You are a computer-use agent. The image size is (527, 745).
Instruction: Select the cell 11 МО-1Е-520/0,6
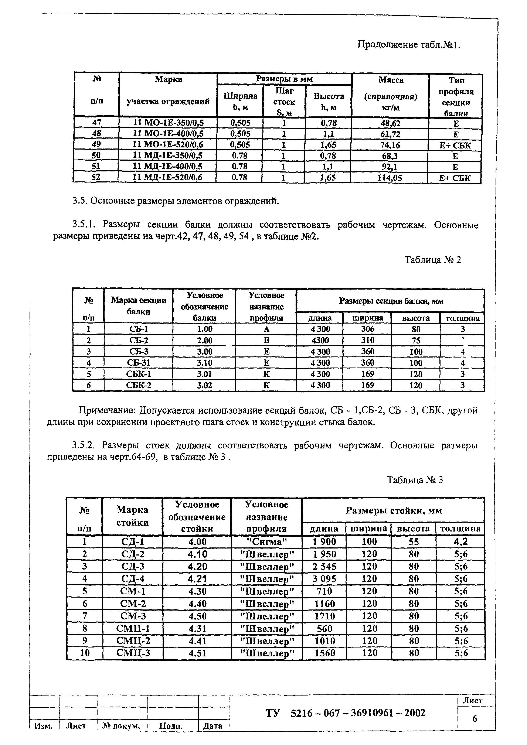point(168,144)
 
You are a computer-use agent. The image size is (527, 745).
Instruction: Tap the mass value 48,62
point(390,123)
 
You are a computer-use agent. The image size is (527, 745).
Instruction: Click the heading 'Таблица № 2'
point(433,260)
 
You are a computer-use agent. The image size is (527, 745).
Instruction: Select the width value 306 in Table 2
point(367,329)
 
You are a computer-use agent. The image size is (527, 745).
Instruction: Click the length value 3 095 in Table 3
point(324,579)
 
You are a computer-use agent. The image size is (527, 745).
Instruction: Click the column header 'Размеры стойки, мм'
point(394,511)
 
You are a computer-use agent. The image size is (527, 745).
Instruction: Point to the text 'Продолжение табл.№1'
point(409,44)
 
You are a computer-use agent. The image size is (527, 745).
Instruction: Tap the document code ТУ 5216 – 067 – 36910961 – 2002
point(345,713)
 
